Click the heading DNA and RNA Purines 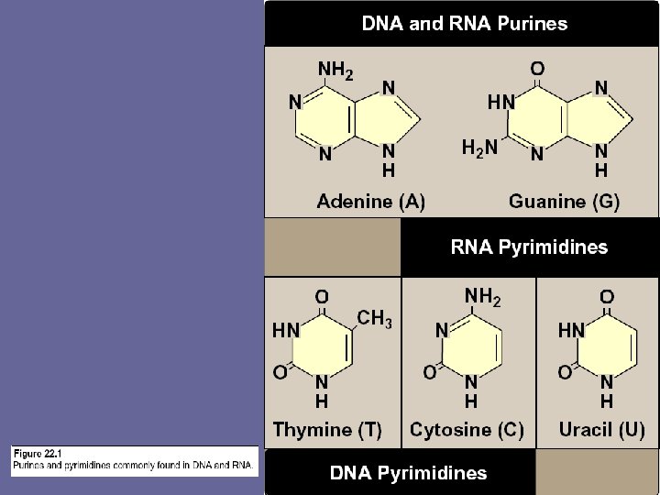(x=464, y=24)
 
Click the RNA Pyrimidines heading (x=529, y=247)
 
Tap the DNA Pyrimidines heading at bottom (x=409, y=473)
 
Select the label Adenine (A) (x=370, y=202)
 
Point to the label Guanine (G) (x=564, y=202)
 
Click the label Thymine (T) (x=327, y=429)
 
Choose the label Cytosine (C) (x=467, y=429)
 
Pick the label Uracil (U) (x=602, y=429)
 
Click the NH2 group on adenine (x=336, y=69)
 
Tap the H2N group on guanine (x=479, y=147)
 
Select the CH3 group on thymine (x=374, y=319)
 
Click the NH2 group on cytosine (x=483, y=296)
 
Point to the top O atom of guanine (x=537, y=68)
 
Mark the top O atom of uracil (x=607, y=297)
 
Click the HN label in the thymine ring (x=286, y=328)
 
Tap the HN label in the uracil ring (x=571, y=328)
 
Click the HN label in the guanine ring (x=500, y=101)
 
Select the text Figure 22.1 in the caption (x=35, y=454)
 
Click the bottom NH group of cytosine (x=470, y=390)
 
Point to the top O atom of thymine (x=322, y=297)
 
